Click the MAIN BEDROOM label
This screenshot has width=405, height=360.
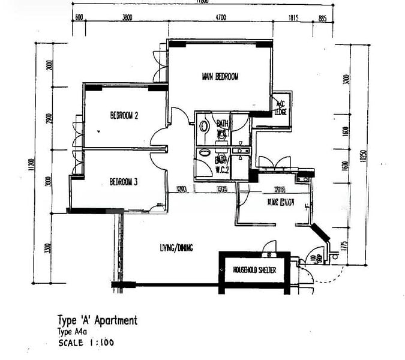(x=220, y=76)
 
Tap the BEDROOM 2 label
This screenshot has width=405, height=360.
(x=124, y=115)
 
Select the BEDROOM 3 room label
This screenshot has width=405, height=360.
(x=124, y=182)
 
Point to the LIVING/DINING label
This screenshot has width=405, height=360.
(x=176, y=247)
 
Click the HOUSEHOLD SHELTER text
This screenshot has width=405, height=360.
(x=254, y=271)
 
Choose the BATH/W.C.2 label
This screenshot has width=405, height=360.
(x=221, y=163)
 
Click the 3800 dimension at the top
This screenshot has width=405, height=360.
(x=127, y=18)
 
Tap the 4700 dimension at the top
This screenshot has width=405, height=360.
(x=220, y=18)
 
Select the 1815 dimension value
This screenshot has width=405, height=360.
(x=293, y=18)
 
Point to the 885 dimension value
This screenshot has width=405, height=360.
(x=322, y=18)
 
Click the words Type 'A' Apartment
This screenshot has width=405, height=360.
(x=97, y=320)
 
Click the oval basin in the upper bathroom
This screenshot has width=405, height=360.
(x=203, y=127)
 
